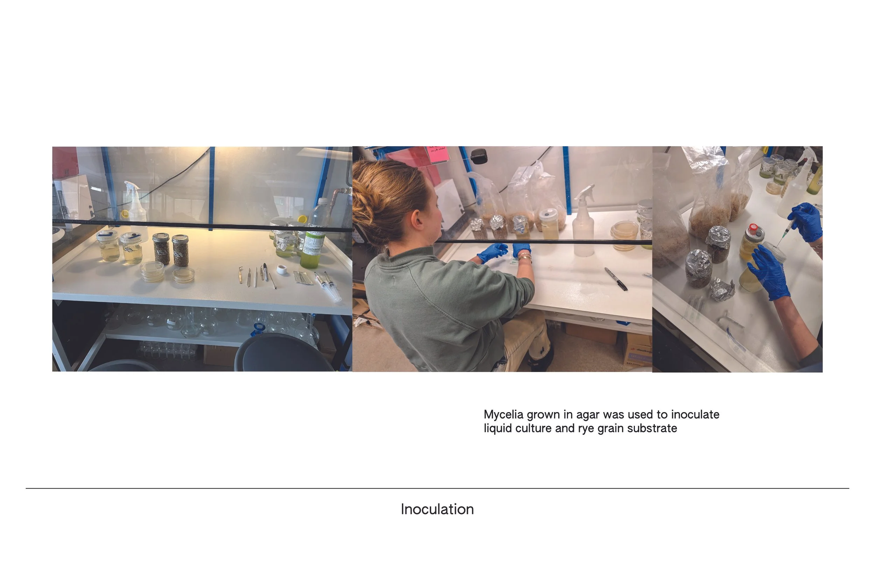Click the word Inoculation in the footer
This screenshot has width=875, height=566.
tap(437, 509)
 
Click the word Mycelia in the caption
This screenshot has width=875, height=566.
tap(503, 415)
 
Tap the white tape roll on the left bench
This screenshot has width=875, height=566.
tap(282, 269)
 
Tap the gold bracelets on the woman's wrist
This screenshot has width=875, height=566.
tap(525, 257)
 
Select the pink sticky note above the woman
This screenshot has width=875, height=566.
tap(438, 153)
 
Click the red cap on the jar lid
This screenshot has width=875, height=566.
tap(753, 227)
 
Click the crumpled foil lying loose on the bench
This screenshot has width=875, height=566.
tap(722, 289)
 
